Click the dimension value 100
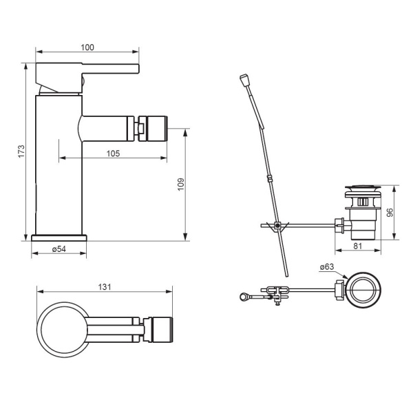click(x=87, y=47)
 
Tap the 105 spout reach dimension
click(x=114, y=153)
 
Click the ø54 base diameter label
click(x=59, y=249)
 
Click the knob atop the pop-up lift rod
click(x=245, y=81)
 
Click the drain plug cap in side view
click(x=364, y=187)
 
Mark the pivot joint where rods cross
click(x=277, y=226)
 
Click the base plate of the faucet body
click(x=59, y=238)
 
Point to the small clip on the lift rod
click(x=269, y=180)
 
